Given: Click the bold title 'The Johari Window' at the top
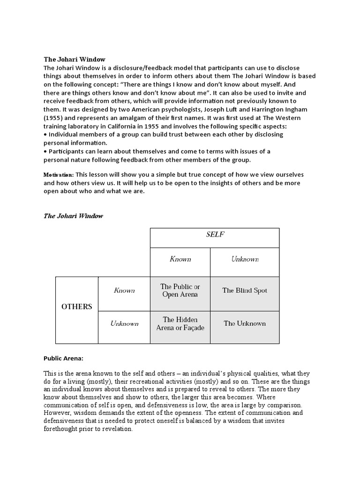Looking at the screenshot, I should (x=75, y=60).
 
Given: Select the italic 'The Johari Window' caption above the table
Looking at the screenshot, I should (x=73, y=216).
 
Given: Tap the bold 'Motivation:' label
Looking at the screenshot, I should (x=59, y=175).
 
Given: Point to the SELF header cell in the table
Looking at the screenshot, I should (x=215, y=234).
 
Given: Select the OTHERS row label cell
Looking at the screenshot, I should (x=77, y=307).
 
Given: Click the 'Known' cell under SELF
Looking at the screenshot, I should (x=180, y=259).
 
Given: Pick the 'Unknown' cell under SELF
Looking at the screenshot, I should (x=245, y=259).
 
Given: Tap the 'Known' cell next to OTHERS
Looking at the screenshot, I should (x=124, y=291).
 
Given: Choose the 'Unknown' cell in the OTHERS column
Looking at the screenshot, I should (x=124, y=323).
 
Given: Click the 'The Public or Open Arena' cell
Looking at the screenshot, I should (x=180, y=291).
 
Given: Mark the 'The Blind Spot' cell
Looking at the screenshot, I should (x=245, y=291).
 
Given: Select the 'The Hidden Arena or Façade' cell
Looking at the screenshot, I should (x=180, y=324).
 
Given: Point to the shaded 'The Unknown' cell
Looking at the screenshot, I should (x=245, y=323).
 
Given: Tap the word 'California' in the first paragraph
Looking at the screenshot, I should (x=117, y=127).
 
